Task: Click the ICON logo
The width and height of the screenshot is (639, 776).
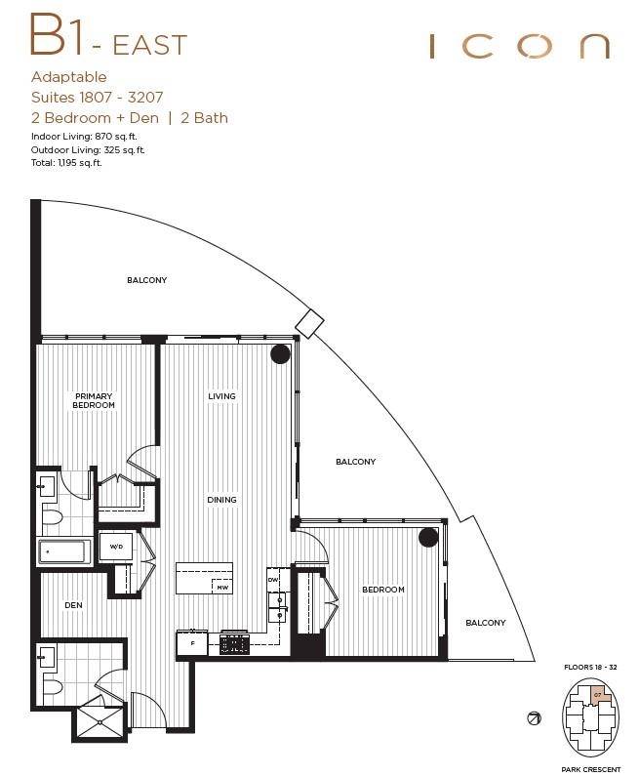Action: click(519, 46)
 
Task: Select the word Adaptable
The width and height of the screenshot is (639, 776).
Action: click(69, 77)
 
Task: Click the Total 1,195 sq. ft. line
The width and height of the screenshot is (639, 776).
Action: click(66, 163)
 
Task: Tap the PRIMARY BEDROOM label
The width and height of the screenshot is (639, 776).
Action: click(94, 400)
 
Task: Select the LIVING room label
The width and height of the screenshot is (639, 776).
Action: click(221, 396)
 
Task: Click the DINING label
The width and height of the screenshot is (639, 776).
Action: click(221, 500)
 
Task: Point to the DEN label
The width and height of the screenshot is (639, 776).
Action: click(73, 605)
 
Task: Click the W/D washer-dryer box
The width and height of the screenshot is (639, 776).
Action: click(115, 547)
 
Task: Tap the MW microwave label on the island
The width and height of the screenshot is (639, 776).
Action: click(222, 587)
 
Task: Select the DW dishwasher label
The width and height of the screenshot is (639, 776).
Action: click(274, 580)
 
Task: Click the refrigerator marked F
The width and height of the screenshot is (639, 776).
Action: click(192, 644)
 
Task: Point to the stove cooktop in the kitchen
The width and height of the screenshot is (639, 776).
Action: click(235, 644)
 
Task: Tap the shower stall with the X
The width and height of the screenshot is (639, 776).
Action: click(100, 722)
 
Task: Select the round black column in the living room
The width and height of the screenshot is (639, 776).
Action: click(280, 355)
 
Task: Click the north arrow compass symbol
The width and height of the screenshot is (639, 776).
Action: click(534, 718)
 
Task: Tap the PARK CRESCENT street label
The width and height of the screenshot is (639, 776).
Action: click(591, 769)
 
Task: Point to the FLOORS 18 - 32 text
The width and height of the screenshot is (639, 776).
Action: click(591, 667)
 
